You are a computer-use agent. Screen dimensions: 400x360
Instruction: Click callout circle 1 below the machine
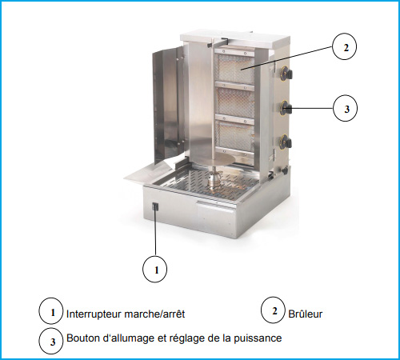coord(155,270)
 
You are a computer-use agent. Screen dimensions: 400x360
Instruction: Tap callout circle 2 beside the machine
coord(344,46)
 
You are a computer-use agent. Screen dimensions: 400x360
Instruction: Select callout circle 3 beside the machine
coord(345,108)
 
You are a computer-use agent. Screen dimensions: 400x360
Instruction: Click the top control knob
coord(286,72)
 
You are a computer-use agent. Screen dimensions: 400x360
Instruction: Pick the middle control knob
coord(286,107)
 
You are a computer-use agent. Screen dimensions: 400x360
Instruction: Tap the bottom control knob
coord(286,141)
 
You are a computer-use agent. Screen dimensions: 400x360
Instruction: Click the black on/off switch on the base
coord(155,207)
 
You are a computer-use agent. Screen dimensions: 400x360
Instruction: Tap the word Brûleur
coord(306,314)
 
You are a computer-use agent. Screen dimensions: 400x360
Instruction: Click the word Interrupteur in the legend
coord(94,314)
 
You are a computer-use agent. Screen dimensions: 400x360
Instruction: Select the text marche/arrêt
coord(154,314)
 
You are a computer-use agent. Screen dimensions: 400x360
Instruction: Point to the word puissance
coord(258,338)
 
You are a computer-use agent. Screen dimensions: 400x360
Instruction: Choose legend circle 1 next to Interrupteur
coord(51,311)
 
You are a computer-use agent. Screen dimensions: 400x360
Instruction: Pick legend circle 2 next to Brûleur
coord(273,310)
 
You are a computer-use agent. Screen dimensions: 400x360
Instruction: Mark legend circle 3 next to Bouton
coord(51,341)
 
